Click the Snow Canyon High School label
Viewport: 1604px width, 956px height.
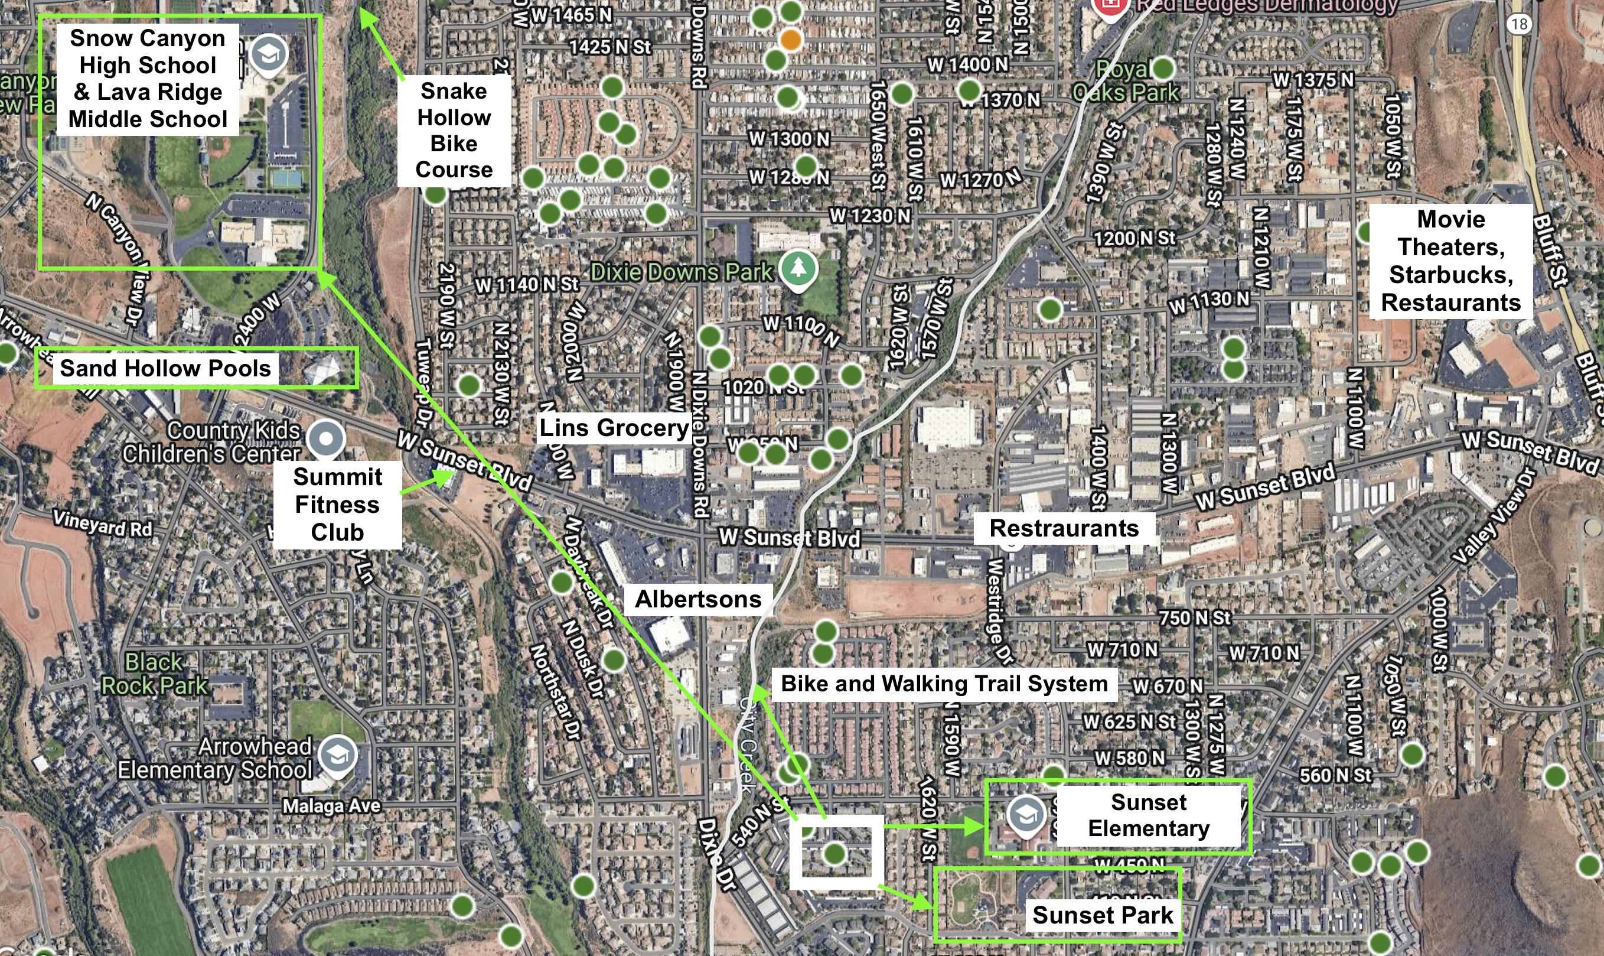pyautogui.click(x=148, y=79)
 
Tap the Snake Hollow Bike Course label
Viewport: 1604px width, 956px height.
pyautogui.click(x=454, y=130)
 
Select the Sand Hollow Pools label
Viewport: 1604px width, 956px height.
pyautogui.click(x=165, y=369)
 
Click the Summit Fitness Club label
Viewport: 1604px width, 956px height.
pyautogui.click(x=337, y=505)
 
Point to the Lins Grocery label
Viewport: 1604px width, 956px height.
pyautogui.click(x=614, y=428)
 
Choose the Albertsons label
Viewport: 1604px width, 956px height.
pyautogui.click(x=698, y=599)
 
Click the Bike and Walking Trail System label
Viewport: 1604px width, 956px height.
pyautogui.click(x=944, y=684)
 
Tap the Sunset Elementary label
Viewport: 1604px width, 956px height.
pyautogui.click(x=1148, y=815)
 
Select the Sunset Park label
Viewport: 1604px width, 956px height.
pyautogui.click(x=1103, y=915)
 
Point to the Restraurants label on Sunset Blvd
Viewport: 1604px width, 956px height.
pyautogui.click(x=1064, y=528)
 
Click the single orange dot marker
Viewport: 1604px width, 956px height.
pyautogui.click(x=791, y=40)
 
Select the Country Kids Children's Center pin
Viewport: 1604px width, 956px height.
pyautogui.click(x=327, y=438)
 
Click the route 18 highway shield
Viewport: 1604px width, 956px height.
pyautogui.click(x=1519, y=24)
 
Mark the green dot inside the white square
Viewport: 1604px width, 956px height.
pyautogui.click(x=834, y=854)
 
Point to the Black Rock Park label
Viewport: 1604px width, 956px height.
pyautogui.click(x=155, y=674)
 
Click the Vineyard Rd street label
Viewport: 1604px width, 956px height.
pyautogui.click(x=102, y=523)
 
